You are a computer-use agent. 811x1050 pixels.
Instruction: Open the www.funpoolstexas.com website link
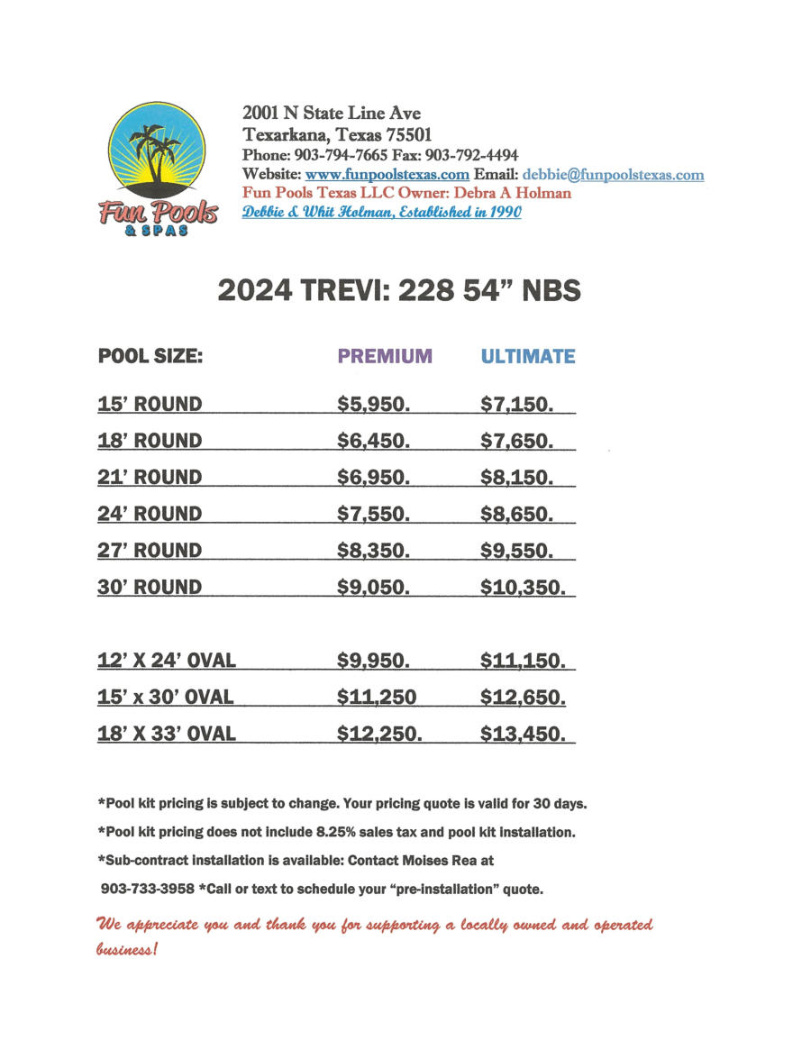387,175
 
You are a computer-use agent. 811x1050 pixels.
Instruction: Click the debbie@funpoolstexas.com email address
613,175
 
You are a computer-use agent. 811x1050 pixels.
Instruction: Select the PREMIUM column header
385,356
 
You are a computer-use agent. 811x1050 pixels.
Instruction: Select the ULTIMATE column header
527,356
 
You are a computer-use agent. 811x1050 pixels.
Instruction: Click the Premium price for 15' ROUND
373,405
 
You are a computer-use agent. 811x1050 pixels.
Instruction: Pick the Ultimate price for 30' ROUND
523,588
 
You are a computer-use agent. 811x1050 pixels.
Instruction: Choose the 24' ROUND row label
150,514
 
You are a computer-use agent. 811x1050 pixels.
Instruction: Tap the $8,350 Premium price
373,551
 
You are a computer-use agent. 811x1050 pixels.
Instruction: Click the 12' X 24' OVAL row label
167,661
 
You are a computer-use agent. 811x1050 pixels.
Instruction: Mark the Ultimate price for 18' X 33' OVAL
523,734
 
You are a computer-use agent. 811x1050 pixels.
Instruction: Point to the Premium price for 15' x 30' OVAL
377,697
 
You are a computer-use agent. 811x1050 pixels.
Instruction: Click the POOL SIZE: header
150,356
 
